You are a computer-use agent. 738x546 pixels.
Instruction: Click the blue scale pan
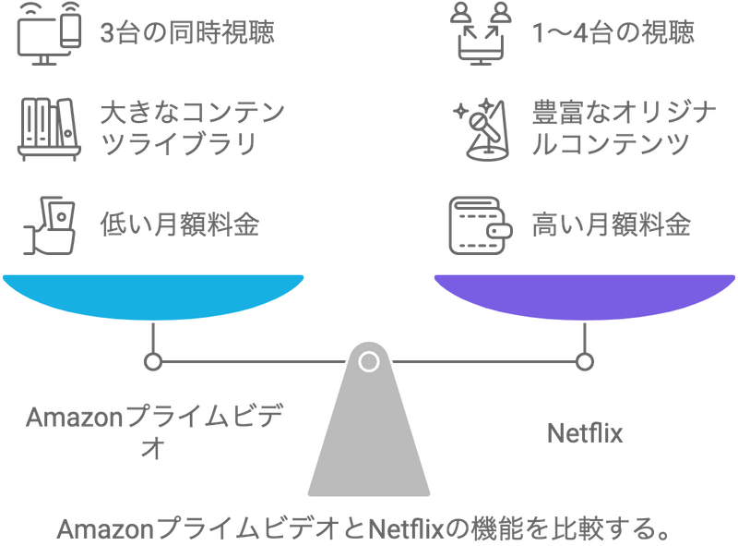click(x=153, y=297)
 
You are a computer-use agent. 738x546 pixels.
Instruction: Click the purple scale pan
click(x=584, y=297)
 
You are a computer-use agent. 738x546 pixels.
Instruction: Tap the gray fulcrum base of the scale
click(x=369, y=434)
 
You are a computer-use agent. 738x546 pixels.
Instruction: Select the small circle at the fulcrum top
click(x=369, y=360)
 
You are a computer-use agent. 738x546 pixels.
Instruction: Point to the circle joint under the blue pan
click(x=153, y=361)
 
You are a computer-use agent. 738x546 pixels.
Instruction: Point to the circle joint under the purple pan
click(x=584, y=361)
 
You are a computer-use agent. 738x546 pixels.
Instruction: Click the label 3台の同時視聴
click(x=187, y=34)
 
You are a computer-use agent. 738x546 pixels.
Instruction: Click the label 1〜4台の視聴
click(x=613, y=34)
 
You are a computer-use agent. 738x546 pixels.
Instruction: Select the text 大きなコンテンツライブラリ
click(x=192, y=129)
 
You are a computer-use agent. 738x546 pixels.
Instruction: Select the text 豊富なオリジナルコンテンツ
click(x=625, y=129)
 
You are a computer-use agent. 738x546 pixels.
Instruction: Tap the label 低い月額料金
click(x=179, y=224)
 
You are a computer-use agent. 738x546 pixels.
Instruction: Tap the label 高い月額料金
click(x=611, y=224)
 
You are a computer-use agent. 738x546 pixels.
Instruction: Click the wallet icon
click(x=481, y=224)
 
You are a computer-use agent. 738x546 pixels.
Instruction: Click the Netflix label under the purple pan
click(x=585, y=431)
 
